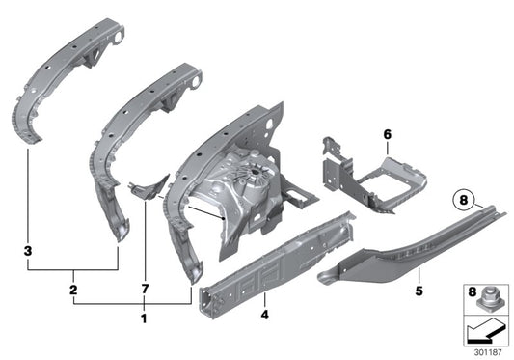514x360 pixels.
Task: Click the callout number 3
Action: point(27,250)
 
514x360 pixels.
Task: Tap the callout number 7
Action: point(145,289)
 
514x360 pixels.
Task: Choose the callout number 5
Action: point(392,288)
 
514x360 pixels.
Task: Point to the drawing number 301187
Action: point(488,351)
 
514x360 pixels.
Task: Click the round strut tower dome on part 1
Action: point(253,180)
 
